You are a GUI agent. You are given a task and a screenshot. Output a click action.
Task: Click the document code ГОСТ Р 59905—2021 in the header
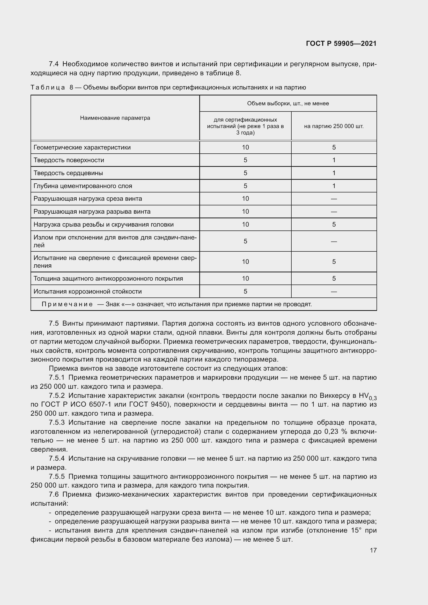tap(341, 43)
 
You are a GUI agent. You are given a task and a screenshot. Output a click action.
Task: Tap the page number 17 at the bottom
tap(373, 550)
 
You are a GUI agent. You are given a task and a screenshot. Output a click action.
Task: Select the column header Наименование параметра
tap(115, 118)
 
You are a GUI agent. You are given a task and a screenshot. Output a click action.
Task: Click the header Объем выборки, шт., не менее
tap(288, 103)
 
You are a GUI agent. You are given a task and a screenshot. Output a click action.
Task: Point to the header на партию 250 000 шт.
tap(334, 126)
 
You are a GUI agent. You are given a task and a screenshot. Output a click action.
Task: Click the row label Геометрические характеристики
tap(82, 147)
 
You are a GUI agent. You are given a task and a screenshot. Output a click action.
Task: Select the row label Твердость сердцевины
tap(68, 173)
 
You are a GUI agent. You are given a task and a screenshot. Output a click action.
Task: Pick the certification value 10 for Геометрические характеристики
tap(245, 147)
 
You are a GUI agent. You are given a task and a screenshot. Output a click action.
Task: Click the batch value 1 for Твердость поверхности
tap(334, 160)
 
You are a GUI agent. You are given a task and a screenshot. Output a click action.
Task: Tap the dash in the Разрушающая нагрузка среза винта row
tap(334, 199)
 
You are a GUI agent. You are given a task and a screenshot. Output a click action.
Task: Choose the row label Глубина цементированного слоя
tap(83, 186)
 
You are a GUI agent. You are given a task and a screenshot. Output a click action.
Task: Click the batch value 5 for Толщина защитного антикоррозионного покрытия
tap(334, 278)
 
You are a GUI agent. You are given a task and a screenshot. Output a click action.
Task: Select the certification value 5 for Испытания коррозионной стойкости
tap(245, 291)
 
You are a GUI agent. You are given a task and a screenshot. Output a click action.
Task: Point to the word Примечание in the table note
tap(67, 304)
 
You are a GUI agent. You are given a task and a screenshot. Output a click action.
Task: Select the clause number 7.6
tap(54, 494)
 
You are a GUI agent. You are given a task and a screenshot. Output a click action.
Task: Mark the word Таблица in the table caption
tap(48, 87)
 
